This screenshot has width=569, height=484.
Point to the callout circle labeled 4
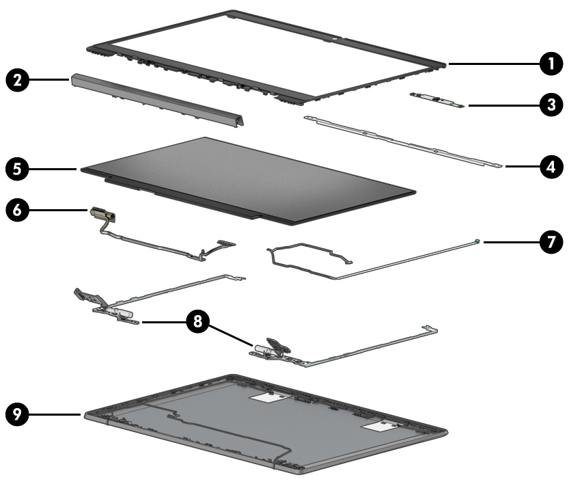pyautogui.click(x=546, y=165)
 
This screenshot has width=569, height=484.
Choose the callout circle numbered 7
pyautogui.click(x=546, y=241)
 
